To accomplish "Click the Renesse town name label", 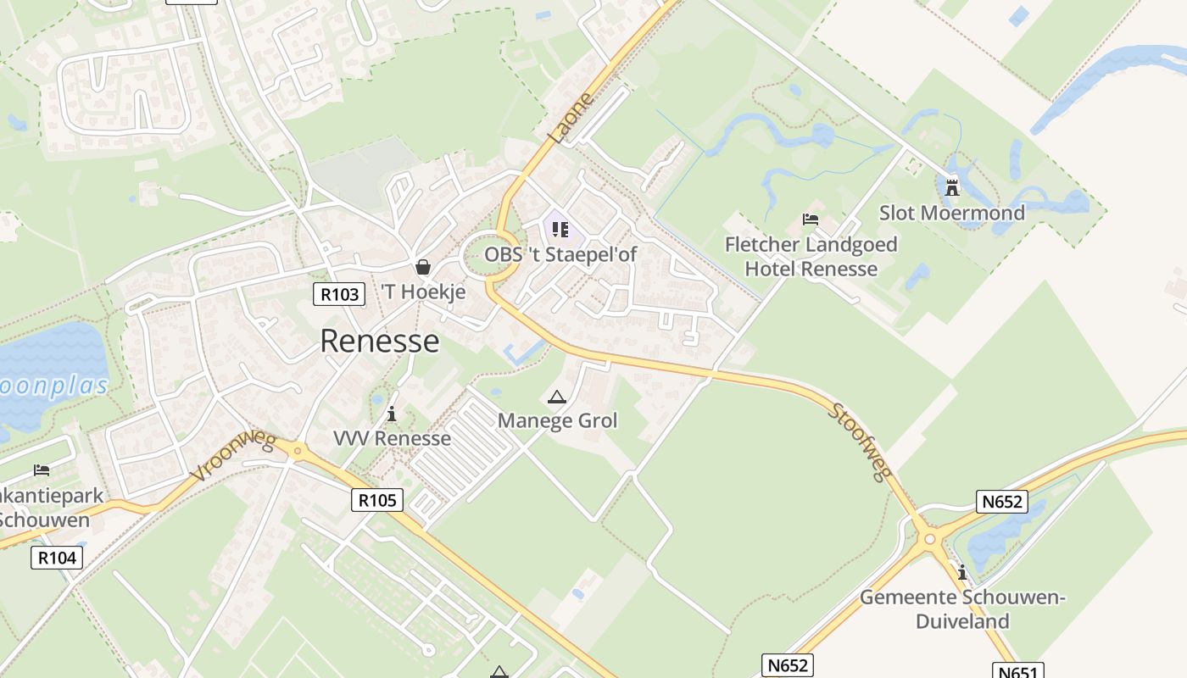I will point(380,341).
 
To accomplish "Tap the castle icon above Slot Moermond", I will point(952,186).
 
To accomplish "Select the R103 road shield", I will point(339,294).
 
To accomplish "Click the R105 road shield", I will point(377,500).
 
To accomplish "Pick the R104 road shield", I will point(58,558).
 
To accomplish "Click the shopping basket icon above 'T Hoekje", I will point(423,267).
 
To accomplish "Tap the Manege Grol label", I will point(557,420).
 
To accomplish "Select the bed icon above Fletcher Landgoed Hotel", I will point(811,220).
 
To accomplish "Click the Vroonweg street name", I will point(232,456).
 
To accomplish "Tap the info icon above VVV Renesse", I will point(392,414).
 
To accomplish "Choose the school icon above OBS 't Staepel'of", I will point(560,229).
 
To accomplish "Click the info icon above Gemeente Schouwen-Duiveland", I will point(962,572).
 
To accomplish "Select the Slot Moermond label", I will point(951,213).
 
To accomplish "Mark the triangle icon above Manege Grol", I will point(556,397).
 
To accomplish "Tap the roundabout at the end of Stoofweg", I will point(930,539).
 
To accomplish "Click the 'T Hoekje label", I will point(423,292).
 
